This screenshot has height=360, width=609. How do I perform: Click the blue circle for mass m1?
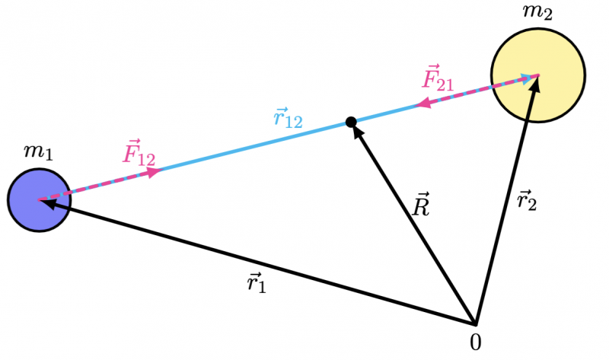click(40, 199)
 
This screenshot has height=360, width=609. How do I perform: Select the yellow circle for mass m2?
click(537, 75)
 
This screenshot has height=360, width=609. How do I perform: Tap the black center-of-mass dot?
click(351, 122)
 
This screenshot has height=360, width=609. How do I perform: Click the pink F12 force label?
click(139, 155)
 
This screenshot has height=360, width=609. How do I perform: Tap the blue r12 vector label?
click(288, 118)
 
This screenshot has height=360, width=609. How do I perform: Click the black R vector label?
click(419, 206)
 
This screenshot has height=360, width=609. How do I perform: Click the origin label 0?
click(476, 343)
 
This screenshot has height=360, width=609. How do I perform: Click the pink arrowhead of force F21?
click(422, 104)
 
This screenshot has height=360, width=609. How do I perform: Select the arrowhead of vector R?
click(356, 129)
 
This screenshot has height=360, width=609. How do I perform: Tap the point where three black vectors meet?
click(475, 323)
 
